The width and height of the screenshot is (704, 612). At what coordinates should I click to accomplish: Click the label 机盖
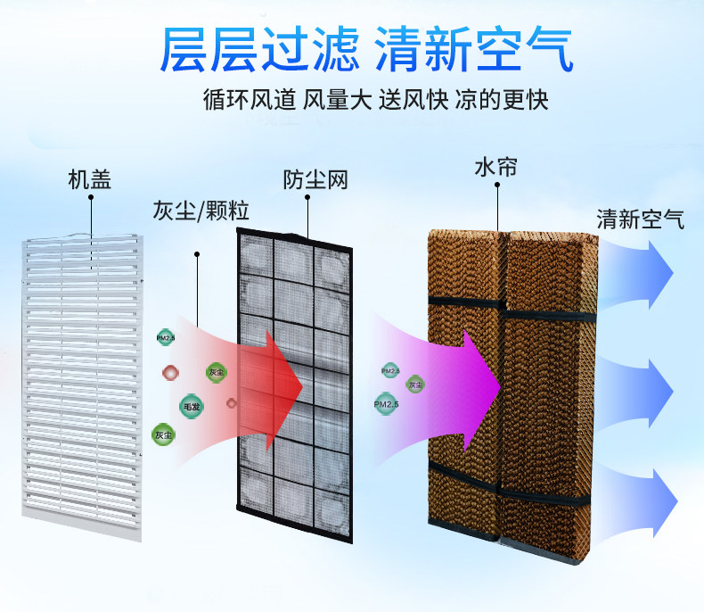point(90,179)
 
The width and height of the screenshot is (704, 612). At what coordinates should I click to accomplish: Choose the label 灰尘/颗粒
point(201,212)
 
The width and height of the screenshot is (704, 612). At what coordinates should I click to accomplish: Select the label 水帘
point(495,168)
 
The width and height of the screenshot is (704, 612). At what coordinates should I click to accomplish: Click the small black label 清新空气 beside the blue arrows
point(640,219)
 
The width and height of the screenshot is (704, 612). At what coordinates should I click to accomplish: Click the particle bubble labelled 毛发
point(191,407)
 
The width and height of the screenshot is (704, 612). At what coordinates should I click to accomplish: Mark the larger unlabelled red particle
point(170,371)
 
